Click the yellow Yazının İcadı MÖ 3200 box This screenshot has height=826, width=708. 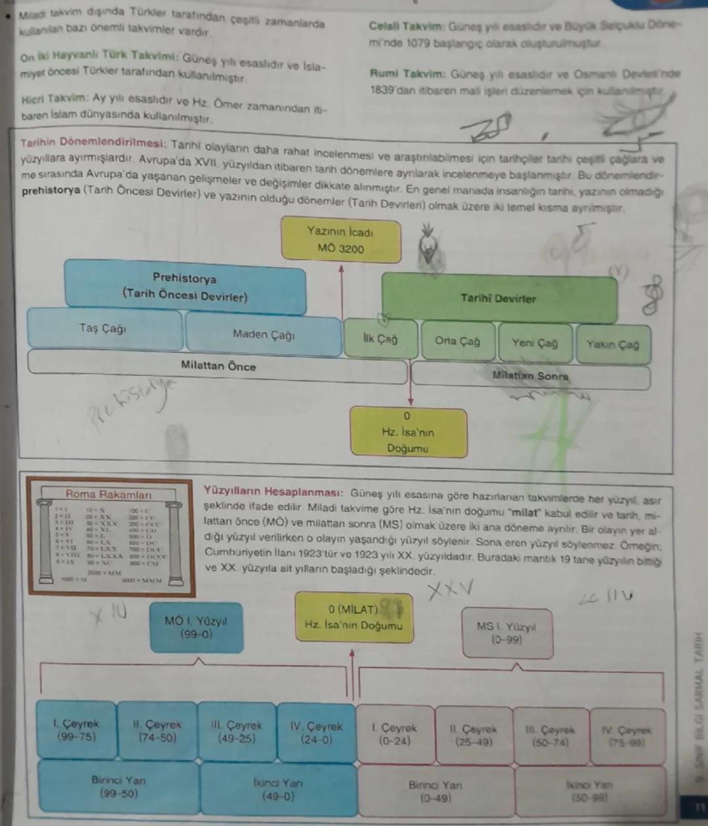coord(340,240)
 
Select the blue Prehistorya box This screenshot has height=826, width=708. coord(185,286)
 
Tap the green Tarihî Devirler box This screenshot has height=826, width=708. coord(498,298)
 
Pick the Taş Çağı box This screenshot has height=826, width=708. coord(104,329)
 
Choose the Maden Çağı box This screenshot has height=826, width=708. coord(264,334)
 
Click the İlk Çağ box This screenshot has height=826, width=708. coord(380,339)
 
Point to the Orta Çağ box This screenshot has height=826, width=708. coord(458,341)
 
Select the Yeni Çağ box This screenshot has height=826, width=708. coord(534,343)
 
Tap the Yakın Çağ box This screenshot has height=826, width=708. coord(612,345)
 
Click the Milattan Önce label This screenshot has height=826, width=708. coord(218,366)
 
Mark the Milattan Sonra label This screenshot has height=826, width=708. coord(530,376)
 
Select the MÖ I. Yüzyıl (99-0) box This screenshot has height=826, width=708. coord(196,628)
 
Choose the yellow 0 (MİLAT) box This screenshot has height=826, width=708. coord(353,618)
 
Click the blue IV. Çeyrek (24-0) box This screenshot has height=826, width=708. coord(316,732)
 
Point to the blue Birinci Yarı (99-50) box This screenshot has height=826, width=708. coord(119,787)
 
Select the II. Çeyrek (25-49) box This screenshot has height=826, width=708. coord(473,735)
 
